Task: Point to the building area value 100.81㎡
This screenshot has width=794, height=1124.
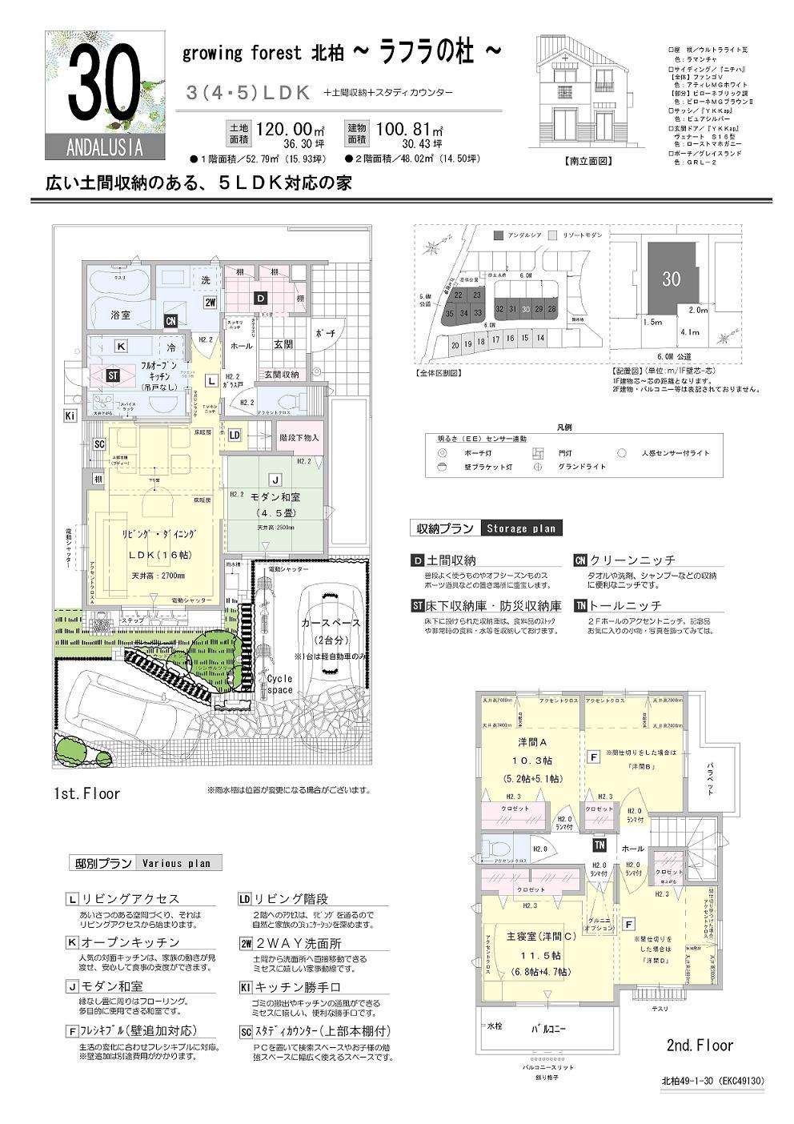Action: click(409, 129)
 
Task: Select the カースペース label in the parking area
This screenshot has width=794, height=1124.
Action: click(331, 622)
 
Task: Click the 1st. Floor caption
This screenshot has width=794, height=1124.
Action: click(86, 793)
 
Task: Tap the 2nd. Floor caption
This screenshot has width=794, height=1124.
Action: click(700, 1045)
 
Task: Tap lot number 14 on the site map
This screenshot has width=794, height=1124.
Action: click(540, 338)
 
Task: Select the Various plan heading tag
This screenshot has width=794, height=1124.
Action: click(176, 863)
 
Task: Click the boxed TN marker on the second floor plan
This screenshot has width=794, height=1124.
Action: click(599, 845)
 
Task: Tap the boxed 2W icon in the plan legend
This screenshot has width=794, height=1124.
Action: click(247, 942)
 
